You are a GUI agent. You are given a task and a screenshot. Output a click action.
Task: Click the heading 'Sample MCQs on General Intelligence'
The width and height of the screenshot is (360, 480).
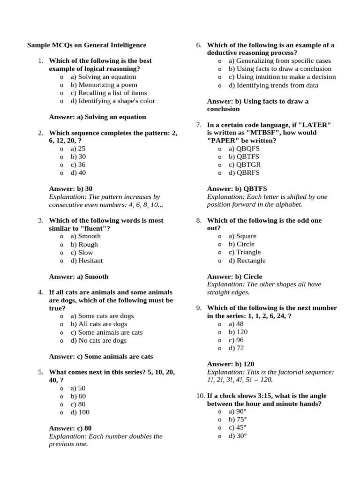click(87, 45)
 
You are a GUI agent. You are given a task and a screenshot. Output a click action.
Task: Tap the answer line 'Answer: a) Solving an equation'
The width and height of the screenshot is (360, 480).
click(97, 117)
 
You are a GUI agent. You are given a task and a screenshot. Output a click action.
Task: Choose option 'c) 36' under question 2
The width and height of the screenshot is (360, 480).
click(78, 165)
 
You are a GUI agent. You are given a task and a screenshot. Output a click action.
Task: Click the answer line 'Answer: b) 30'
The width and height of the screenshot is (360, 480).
click(71, 189)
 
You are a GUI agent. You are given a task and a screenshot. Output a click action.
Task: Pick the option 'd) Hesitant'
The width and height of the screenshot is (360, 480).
click(87, 261)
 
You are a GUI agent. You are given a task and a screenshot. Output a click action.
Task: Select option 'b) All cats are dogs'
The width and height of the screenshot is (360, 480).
click(99, 324)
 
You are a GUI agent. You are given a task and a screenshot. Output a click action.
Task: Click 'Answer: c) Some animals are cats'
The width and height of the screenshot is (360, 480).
click(101, 357)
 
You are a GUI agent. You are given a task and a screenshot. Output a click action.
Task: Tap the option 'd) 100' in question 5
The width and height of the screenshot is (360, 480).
click(80, 412)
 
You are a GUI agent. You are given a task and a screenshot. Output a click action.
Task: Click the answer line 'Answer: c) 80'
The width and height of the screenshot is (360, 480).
click(70, 428)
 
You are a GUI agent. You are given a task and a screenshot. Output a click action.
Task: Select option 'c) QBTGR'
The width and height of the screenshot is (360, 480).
click(245, 165)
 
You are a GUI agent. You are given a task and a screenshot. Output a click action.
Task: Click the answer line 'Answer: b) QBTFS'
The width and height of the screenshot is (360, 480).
click(234, 189)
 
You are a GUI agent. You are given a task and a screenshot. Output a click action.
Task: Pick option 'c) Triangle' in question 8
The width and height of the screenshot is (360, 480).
click(245, 252)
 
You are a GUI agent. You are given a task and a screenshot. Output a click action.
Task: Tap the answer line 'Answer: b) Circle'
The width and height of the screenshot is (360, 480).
click(234, 277)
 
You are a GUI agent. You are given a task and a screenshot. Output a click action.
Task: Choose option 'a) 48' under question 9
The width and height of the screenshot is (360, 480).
click(236, 324)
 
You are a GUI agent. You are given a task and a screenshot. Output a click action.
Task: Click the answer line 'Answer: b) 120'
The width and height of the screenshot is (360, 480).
click(231, 364)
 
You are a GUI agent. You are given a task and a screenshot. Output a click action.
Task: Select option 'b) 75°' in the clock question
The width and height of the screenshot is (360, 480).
click(238, 420)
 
